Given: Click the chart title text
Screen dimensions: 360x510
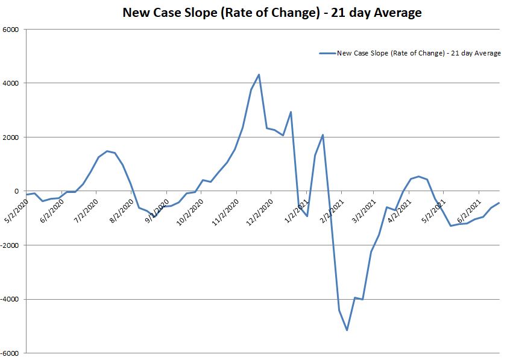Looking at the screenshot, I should click(272, 12).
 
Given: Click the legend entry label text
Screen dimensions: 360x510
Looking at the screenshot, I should click(418, 53).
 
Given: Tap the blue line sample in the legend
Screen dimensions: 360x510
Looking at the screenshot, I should click(327, 53).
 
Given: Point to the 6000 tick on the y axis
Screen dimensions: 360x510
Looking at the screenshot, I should click(11, 30).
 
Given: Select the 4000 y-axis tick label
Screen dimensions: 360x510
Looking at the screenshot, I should click(11, 83).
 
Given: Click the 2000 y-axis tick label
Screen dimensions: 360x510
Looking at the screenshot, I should click(11, 137).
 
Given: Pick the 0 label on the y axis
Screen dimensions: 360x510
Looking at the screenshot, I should click(17, 191).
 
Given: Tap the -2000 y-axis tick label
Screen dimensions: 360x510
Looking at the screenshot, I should click(10, 245).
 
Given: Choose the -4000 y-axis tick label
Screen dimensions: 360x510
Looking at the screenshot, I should click(10, 300).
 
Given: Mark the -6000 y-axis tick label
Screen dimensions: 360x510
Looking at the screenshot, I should click(10, 353).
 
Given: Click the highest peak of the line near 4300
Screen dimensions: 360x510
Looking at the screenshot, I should click(259, 75).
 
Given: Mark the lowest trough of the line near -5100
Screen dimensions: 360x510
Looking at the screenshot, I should click(347, 330).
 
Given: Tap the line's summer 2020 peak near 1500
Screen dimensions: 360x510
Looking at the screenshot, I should click(107, 151).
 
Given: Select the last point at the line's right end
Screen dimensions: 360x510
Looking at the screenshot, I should click(499, 203).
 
